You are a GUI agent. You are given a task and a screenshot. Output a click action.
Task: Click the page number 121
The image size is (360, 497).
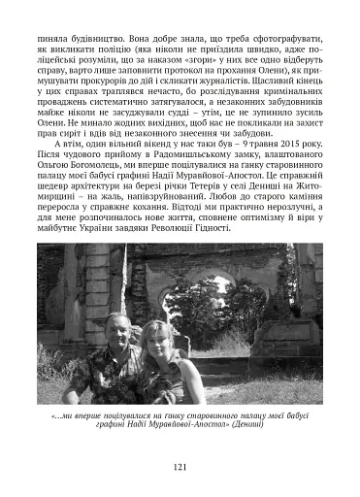(x=180, y=466)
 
